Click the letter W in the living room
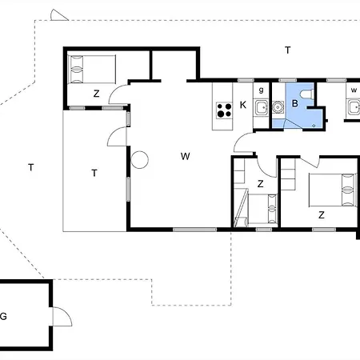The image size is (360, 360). coord(185,156)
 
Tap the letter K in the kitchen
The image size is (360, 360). coord(242,105)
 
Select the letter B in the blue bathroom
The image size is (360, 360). coord(294,103)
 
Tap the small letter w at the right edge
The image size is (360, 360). coord(353,90)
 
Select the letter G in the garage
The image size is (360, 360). coord(3,316)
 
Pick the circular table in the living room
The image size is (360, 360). coord(140,160)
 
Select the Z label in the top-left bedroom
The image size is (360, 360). coord(96,94)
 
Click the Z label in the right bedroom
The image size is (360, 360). coord(321,214)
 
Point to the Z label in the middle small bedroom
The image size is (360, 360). coord(260,184)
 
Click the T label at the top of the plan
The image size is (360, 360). coord(287,50)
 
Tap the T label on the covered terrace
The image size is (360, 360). coord(94,172)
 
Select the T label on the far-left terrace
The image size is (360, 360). coord(30,167)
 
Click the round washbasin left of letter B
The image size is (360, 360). coord(278,106)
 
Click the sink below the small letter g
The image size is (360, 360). coord(261,107)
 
